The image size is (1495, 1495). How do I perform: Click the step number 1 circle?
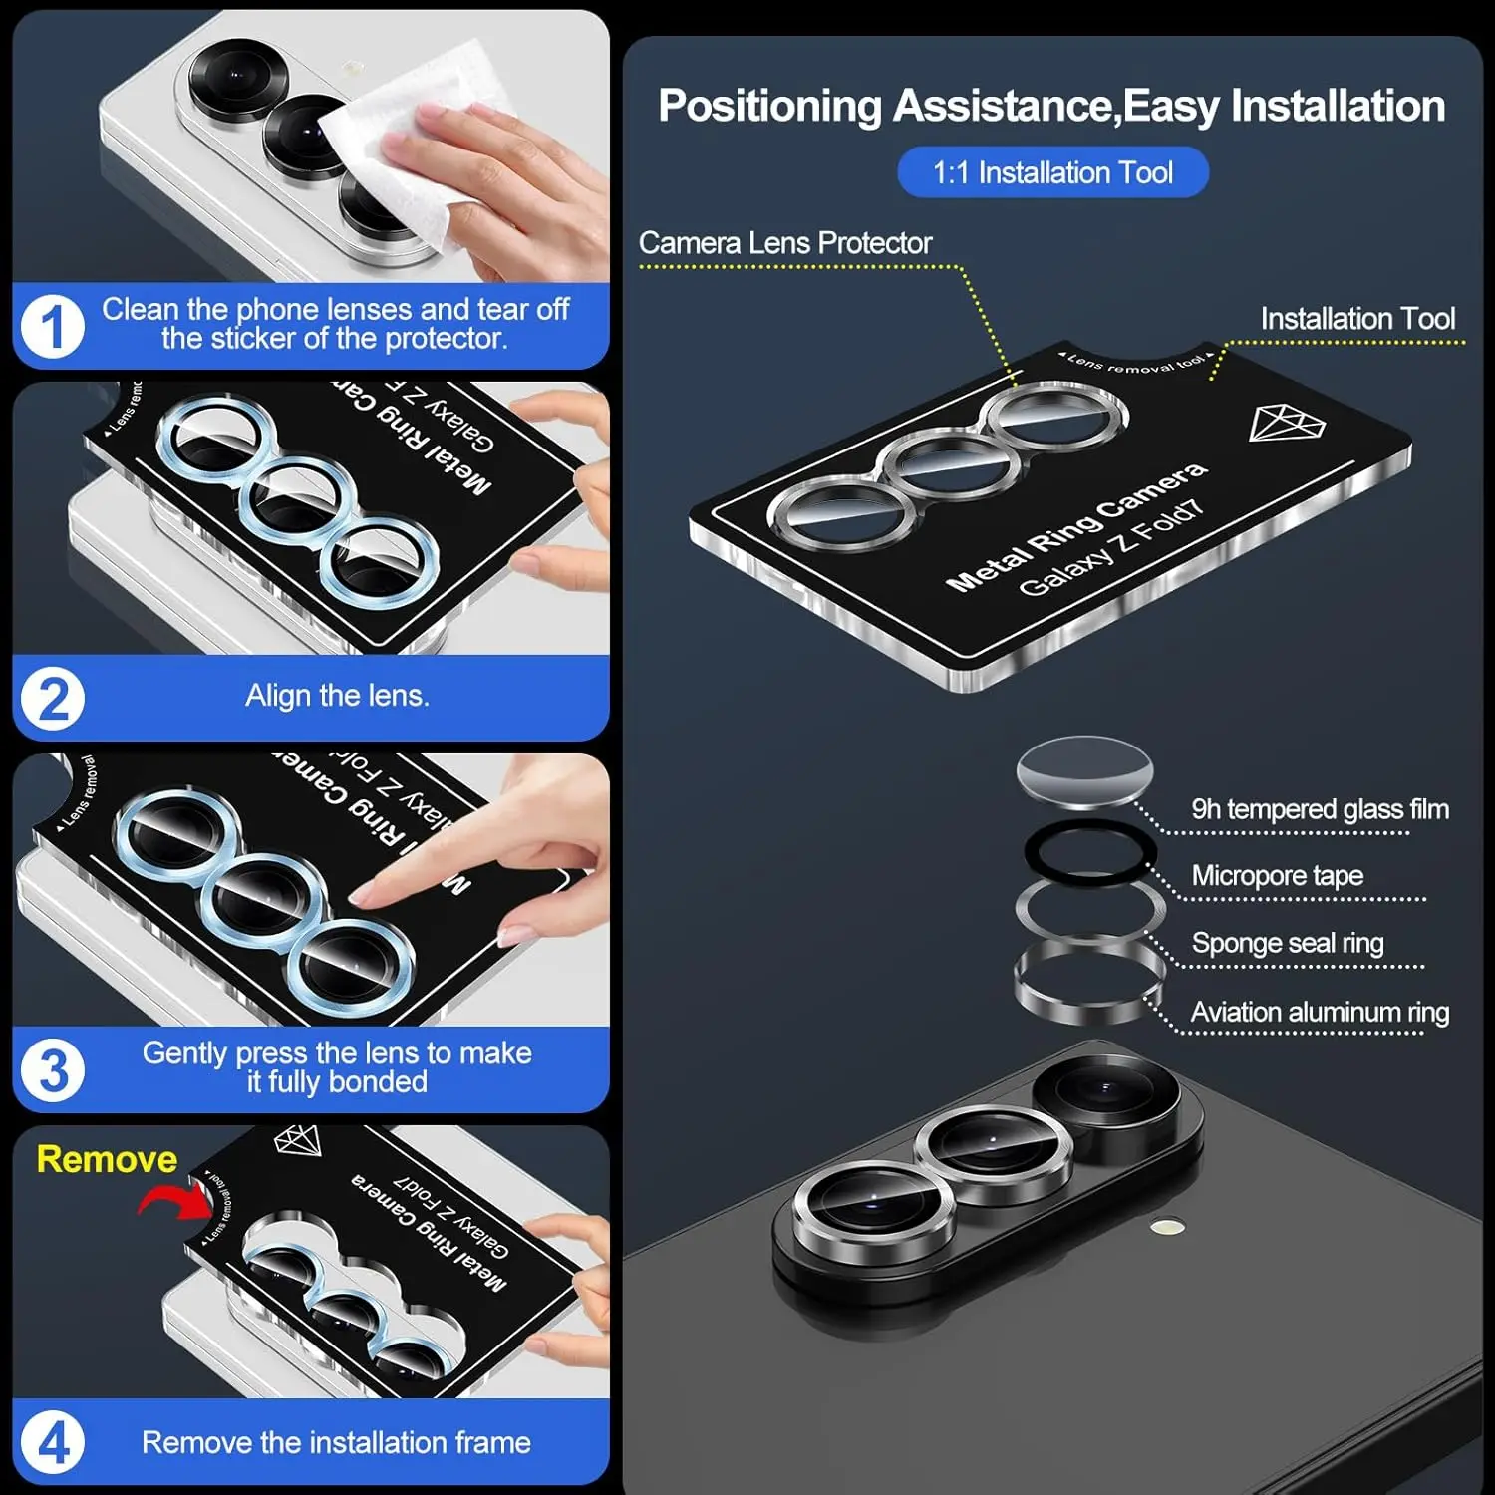(52, 326)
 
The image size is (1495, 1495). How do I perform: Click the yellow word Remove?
(107, 1159)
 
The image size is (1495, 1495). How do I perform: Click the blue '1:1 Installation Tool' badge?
(1052, 172)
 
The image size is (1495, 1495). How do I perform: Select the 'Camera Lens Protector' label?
(785, 243)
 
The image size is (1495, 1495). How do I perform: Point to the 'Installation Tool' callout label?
(1357, 319)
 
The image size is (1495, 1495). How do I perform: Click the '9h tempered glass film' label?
(1320, 809)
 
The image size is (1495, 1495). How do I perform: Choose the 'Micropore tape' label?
(1277, 876)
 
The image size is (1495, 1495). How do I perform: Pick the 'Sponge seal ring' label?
(1287, 943)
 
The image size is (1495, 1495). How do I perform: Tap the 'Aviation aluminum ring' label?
(1320, 1012)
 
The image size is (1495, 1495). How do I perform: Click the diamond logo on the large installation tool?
(1287, 424)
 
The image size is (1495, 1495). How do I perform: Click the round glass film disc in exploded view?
(1084, 771)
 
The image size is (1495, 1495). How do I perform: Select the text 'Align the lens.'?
(337, 696)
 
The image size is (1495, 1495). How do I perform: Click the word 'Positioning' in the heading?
(769, 106)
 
